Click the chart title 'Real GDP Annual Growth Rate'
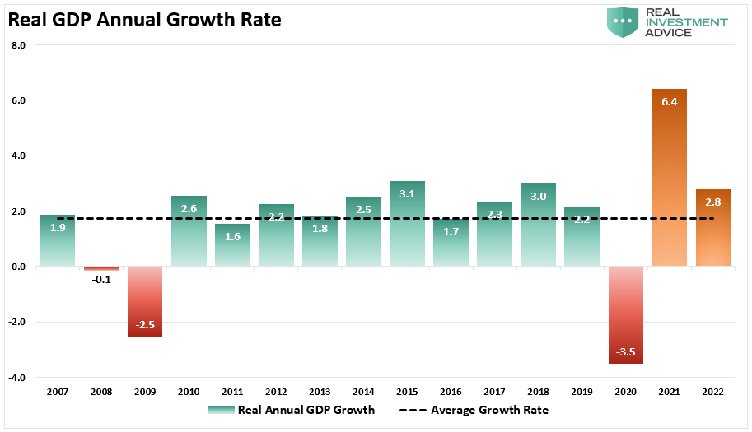click(144, 20)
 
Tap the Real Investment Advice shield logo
click(623, 21)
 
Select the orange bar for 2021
click(669, 177)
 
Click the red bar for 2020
click(626, 314)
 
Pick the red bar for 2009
click(145, 301)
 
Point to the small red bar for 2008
click(101, 268)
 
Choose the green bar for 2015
click(407, 224)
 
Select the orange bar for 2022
click(713, 227)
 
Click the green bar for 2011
click(232, 244)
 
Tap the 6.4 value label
click(669, 101)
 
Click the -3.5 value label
click(625, 352)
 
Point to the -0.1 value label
click(101, 280)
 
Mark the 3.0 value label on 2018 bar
click(538, 197)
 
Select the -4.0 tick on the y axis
click(16, 378)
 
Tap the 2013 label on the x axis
click(320, 392)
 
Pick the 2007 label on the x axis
click(58, 392)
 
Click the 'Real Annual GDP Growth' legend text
click(306, 410)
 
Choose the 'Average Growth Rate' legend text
click(489, 410)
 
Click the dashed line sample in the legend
click(413, 411)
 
